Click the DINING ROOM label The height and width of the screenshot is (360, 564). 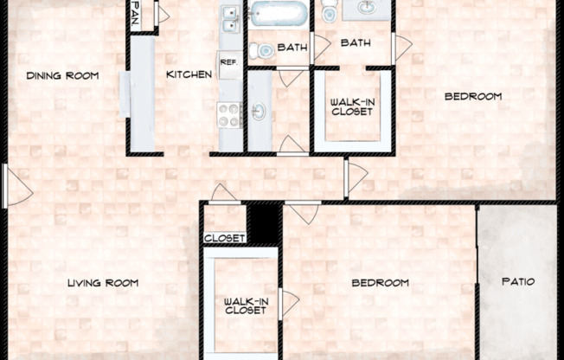pos(61,75)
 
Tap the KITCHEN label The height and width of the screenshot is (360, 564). pos(189,75)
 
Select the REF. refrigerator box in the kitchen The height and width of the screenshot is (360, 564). pos(229,64)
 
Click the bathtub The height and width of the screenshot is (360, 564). pos(276,15)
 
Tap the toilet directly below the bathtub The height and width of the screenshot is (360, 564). pos(265,51)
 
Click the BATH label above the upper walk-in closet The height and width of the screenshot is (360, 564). pos(356,42)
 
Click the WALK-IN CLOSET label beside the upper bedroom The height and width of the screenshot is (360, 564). pos(353,106)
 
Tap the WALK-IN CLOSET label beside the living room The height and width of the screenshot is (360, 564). pos(245,305)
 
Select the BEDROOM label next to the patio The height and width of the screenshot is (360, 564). pos(379,283)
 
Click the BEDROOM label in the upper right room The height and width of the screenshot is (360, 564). pos(472,96)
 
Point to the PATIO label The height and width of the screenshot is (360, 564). pos(518,282)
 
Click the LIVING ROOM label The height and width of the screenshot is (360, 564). pos(104,283)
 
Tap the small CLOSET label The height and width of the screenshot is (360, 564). pos(225,238)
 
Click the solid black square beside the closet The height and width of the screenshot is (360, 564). pos(264,223)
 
